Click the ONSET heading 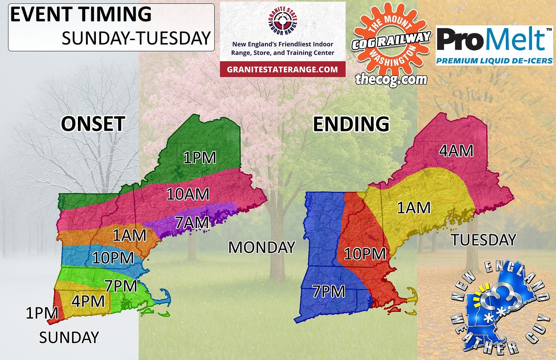(93, 124)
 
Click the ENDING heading (351, 124)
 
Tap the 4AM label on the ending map (456, 151)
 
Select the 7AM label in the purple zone (192, 222)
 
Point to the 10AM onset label (188, 195)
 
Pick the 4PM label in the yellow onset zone (88, 301)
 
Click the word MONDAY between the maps (262, 247)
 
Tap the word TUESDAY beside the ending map (483, 240)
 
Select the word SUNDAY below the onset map (69, 337)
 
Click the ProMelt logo (495, 45)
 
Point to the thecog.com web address (391, 79)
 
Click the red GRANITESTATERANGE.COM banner (283, 70)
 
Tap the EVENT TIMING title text (81, 15)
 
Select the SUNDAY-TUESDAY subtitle (136, 38)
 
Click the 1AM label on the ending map (414, 208)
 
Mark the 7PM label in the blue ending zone (329, 292)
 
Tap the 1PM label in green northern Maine (200, 157)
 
